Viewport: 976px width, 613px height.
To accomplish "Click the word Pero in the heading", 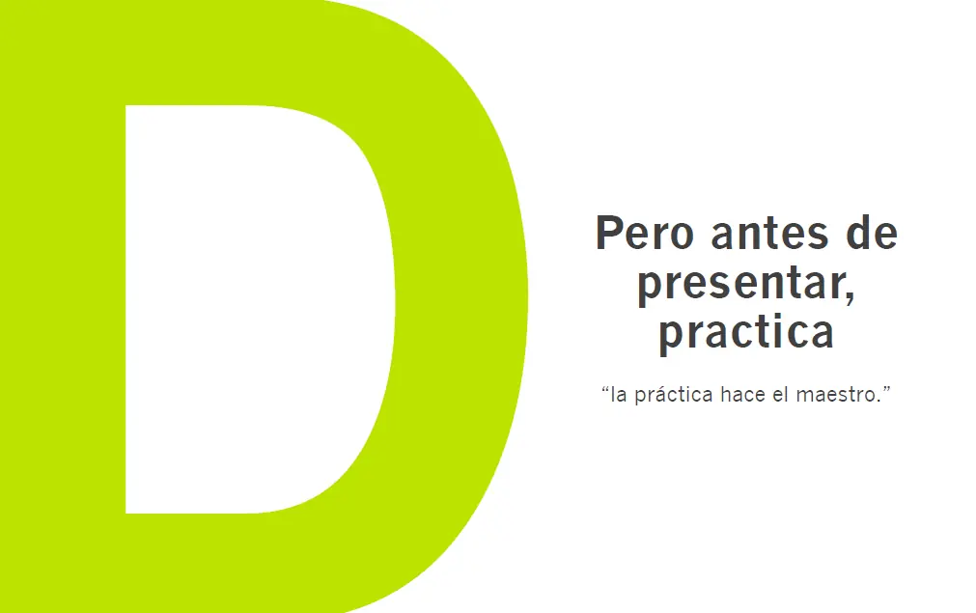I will click(x=642, y=234).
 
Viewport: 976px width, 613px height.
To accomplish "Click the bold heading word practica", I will click(x=745, y=332).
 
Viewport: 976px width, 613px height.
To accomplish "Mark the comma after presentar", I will click(x=850, y=297).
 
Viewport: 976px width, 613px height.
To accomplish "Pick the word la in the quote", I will click(x=620, y=395).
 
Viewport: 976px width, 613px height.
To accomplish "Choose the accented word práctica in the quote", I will click(x=673, y=395).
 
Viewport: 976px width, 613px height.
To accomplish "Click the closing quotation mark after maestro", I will click(x=885, y=390).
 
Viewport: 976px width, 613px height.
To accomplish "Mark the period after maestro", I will click(x=878, y=401).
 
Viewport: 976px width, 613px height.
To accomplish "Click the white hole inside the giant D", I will click(x=251, y=309).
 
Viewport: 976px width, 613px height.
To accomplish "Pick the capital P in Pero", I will click(x=607, y=234).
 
